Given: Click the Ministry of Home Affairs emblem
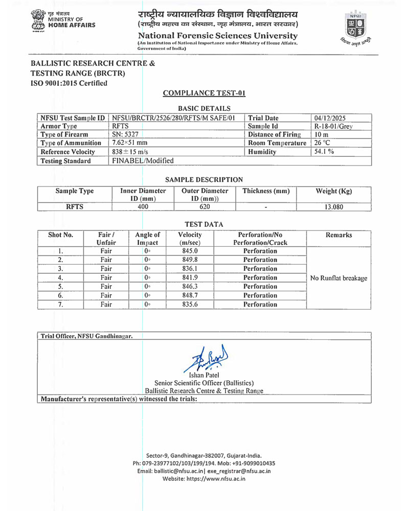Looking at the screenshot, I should click(x=37, y=21).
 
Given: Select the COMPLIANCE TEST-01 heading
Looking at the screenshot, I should click(x=204, y=93).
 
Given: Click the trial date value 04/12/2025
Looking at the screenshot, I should click(x=331, y=118).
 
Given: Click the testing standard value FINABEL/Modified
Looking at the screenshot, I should click(x=143, y=160).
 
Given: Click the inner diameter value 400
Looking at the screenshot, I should click(x=143, y=207).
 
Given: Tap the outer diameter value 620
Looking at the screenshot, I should click(x=204, y=207).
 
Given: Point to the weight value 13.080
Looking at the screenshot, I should click(x=334, y=207).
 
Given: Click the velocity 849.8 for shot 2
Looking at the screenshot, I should click(x=190, y=260).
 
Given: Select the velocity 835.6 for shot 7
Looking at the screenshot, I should click(x=190, y=304).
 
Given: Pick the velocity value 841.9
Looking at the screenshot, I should click(x=190, y=277).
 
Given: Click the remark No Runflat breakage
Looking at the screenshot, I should click(x=338, y=278).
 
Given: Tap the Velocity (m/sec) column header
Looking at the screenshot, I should click(x=190, y=239).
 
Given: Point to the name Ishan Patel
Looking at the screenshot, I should click(x=204, y=376).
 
